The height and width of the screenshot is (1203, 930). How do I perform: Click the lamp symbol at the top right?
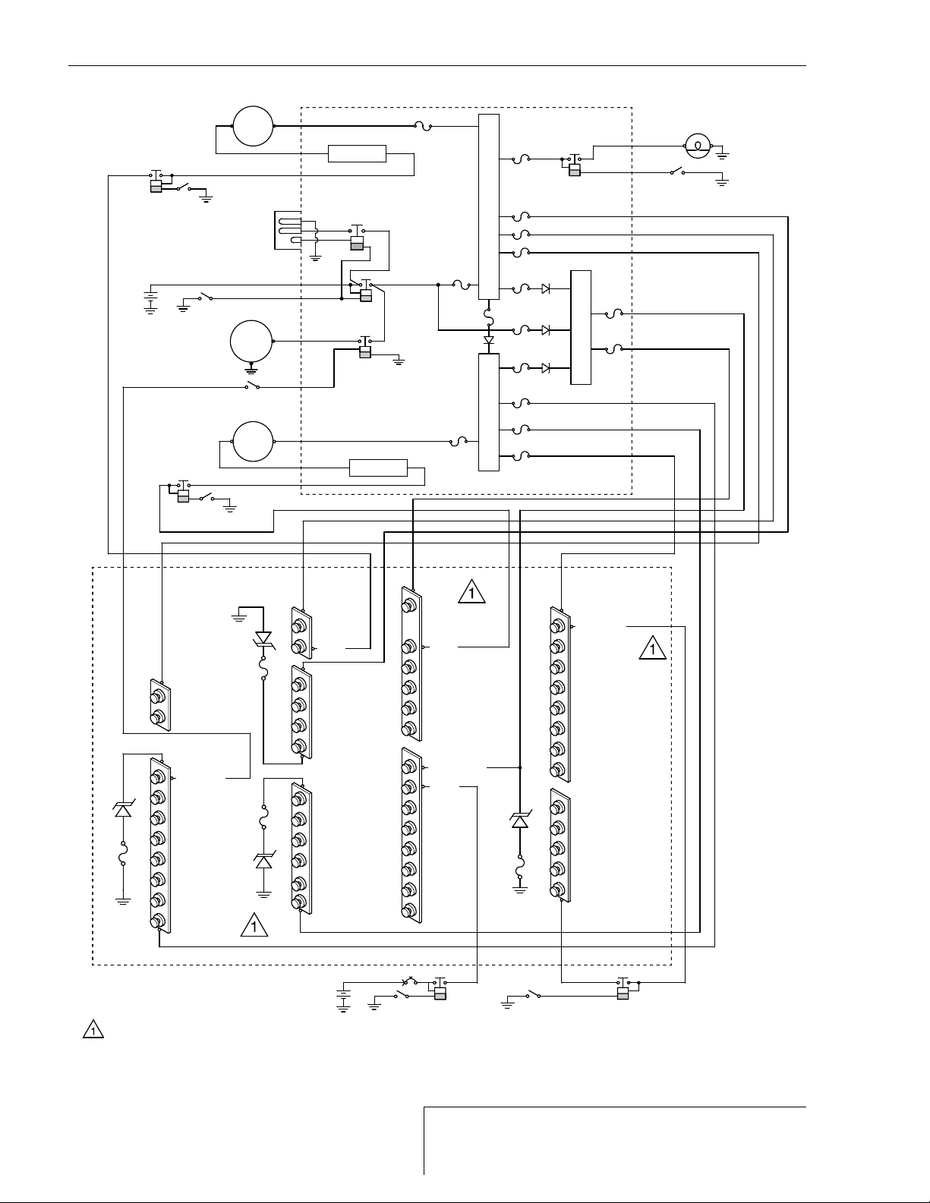pos(697,144)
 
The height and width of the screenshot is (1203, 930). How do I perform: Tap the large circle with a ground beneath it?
pos(251,342)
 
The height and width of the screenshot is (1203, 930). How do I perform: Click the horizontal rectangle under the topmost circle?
pos(357,153)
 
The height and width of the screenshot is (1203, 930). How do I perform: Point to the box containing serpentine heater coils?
pos(288,231)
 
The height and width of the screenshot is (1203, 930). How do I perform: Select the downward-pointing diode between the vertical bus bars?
pos(489,339)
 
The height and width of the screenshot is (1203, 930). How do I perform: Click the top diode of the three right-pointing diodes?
pos(546,288)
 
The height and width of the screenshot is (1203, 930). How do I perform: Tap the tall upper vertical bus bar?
pos(489,206)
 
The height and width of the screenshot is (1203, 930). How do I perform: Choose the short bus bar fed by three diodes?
pos(580,327)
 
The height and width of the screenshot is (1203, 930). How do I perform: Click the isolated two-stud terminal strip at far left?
pos(159,705)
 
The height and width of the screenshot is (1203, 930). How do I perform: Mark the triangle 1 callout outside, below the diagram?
pos(93,1031)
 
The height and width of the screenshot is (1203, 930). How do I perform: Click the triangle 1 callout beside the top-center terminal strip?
pos(471,591)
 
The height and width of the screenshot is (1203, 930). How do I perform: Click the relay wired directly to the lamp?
pos(574,166)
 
